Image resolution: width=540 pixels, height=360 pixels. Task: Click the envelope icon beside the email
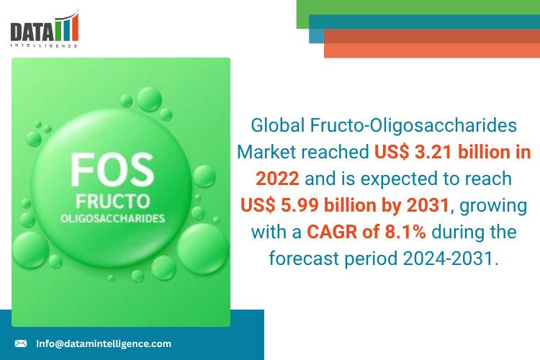coord(21,344)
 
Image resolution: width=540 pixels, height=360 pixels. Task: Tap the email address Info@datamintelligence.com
coord(104,344)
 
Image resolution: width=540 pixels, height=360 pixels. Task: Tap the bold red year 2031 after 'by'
coord(427,206)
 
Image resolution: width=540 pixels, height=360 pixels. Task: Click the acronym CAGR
coord(332,233)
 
